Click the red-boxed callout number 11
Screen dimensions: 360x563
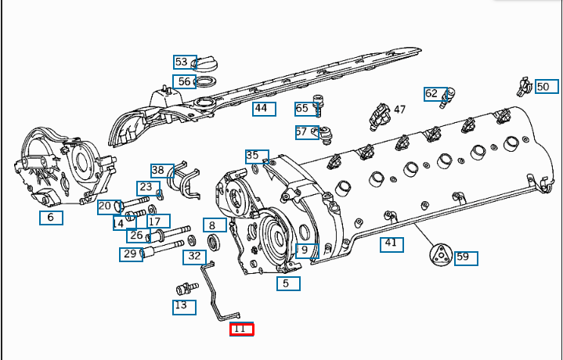(240, 329)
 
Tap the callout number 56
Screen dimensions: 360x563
(185, 81)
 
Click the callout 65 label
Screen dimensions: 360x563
(302, 108)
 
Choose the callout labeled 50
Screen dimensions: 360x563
(543, 87)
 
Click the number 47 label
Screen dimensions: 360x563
(399, 110)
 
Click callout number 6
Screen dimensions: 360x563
(51, 218)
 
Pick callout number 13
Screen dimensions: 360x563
(184, 306)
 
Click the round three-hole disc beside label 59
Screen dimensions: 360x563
(441, 255)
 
